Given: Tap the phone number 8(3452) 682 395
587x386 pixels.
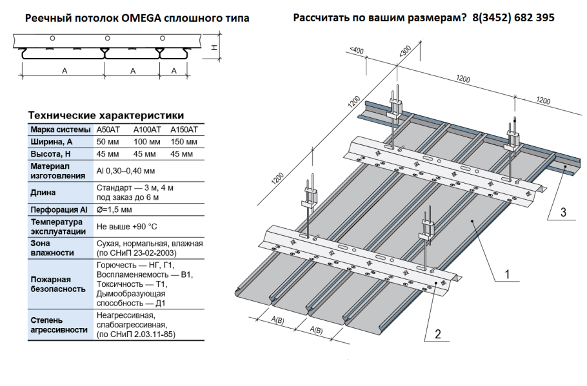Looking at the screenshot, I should (513, 17).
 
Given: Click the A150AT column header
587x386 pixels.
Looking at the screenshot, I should (181, 130).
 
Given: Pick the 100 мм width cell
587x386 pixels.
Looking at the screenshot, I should (146, 142).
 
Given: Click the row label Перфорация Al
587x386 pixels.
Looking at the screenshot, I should (57, 210).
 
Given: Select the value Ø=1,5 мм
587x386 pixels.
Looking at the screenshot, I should (114, 210).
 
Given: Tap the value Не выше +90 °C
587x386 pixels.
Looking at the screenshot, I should (126, 227).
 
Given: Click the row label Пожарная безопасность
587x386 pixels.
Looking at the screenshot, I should (58, 284).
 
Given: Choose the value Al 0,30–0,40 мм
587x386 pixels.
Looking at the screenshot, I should (125, 171).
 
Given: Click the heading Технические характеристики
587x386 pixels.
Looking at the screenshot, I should (106, 115).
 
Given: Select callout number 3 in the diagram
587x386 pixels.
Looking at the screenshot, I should (562, 213).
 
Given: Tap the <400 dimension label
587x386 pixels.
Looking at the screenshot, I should (355, 50).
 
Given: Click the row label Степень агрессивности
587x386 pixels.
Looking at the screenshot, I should (59, 325).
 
